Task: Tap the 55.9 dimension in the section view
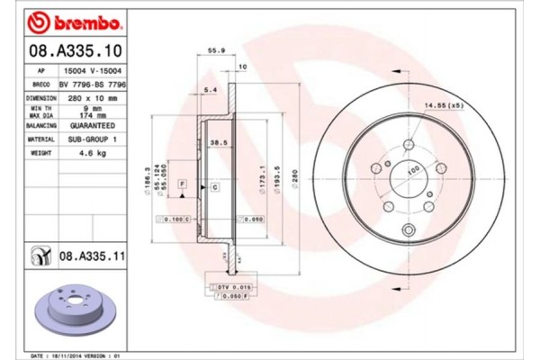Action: [217, 52]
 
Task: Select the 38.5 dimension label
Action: [217, 142]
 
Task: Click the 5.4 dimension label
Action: [211, 90]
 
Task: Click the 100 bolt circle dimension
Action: [414, 169]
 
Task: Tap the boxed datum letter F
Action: [183, 183]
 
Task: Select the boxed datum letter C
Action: [215, 187]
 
